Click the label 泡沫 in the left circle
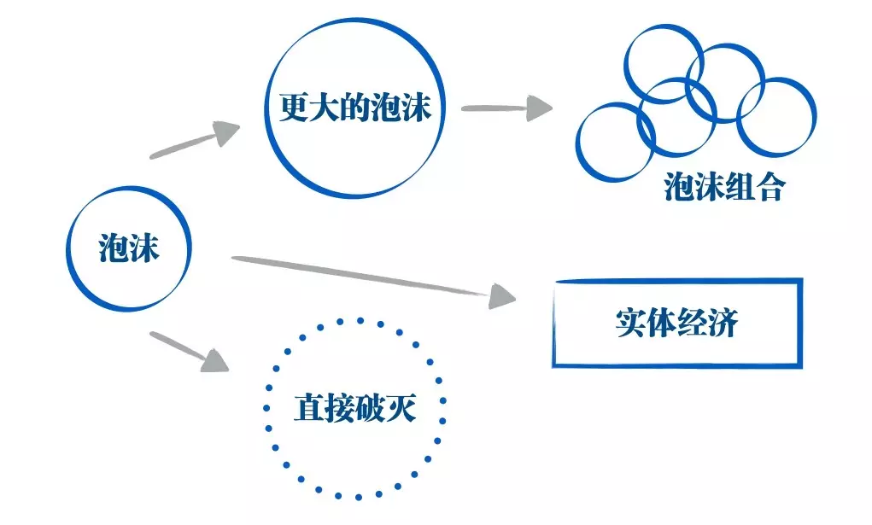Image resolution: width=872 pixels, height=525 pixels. pos(129,248)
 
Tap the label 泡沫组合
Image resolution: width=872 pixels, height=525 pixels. pos(724,188)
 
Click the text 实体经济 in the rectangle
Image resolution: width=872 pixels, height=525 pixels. pos(676,324)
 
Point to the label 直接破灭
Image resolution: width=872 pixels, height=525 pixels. pos(354,408)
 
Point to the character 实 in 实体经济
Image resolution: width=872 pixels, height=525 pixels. pos(630,324)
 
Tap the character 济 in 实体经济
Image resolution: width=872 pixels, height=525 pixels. pos(723,324)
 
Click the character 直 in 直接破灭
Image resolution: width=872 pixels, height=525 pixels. pos(308,408)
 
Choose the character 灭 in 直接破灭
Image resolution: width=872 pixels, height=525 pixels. pos(401,408)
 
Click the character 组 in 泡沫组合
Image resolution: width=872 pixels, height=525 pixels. pos(740,188)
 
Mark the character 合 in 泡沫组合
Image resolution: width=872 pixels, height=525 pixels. pos(770,188)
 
